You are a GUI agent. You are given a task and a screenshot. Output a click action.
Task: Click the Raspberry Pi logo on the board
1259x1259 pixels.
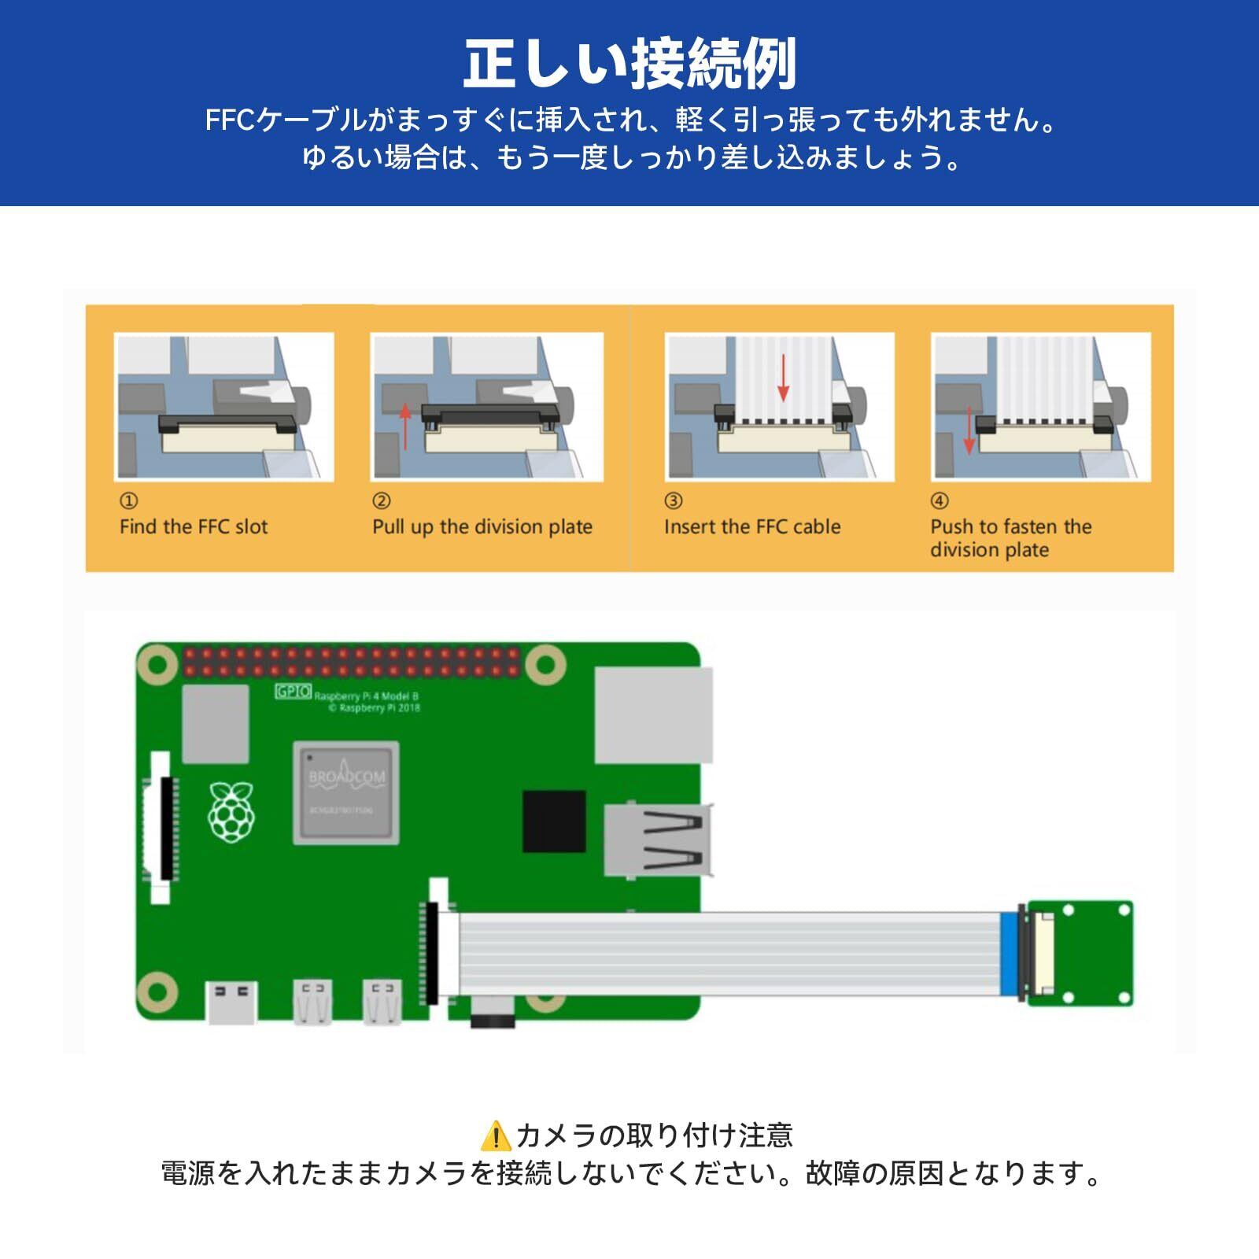231,812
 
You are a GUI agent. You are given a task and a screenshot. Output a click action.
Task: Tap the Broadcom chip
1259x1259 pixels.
346,792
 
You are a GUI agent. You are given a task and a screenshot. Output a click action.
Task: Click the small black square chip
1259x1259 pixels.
554,821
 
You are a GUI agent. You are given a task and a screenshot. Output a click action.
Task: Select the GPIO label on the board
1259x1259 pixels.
293,692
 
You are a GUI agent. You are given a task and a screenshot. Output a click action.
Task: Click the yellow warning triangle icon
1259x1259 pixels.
496,1136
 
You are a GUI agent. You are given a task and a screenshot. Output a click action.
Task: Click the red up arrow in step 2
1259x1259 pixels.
405,426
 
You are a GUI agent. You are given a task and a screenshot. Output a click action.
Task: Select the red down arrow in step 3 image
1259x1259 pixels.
783,377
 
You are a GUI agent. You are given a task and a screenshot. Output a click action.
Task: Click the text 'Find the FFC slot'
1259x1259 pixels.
194,526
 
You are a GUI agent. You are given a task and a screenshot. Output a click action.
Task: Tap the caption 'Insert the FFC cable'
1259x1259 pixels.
752,526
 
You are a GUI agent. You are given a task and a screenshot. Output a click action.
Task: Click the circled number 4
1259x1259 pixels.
940,501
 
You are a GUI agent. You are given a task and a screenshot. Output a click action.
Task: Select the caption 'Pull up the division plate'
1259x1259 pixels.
482,526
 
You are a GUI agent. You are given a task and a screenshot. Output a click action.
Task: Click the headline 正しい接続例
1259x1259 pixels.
629,65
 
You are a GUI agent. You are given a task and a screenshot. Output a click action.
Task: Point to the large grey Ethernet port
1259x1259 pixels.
653,715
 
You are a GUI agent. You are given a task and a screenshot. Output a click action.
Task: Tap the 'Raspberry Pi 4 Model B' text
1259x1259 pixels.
367,696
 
